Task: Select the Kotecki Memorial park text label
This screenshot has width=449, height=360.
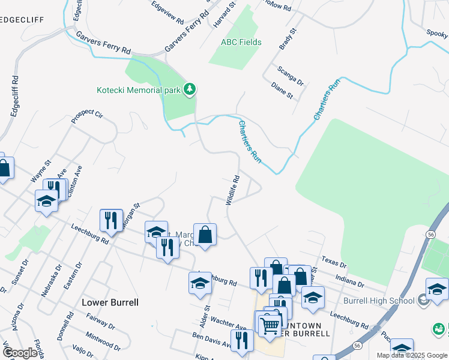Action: (x=139, y=91)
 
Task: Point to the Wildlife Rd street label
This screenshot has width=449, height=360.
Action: (x=233, y=190)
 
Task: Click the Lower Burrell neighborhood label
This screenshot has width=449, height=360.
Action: (x=110, y=302)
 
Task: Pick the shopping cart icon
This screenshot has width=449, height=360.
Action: (x=270, y=326)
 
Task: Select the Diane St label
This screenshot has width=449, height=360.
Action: (x=282, y=91)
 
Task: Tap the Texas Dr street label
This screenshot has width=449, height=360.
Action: (x=334, y=263)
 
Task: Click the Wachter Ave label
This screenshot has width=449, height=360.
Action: (x=228, y=324)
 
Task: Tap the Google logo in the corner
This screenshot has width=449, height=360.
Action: (x=20, y=353)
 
